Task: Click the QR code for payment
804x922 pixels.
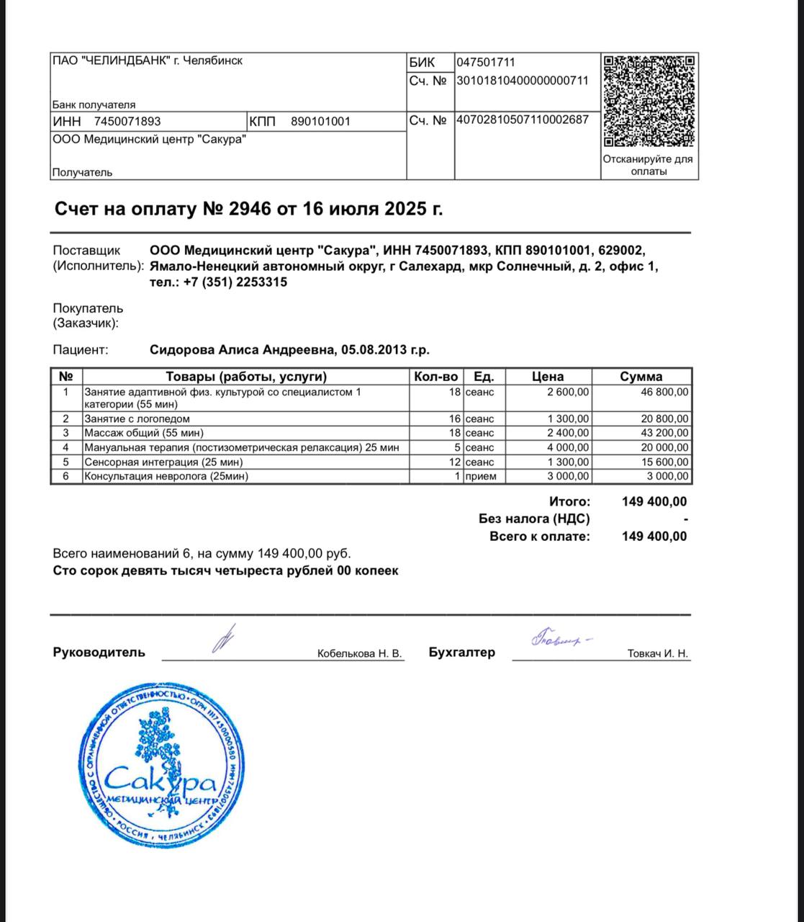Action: click(x=649, y=101)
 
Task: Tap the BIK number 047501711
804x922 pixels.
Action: click(x=486, y=63)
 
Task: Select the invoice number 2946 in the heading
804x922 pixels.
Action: click(x=249, y=210)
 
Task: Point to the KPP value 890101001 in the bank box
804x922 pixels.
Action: click(x=320, y=122)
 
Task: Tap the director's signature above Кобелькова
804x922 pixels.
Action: click(x=225, y=638)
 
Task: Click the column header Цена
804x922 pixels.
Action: click(x=548, y=376)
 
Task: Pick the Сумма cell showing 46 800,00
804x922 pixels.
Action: click(x=664, y=393)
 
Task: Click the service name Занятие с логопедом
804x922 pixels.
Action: click(x=137, y=419)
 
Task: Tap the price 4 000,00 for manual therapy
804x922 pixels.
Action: click(x=569, y=447)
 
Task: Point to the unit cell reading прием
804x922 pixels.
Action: click(x=480, y=476)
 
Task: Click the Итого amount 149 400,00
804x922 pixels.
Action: click(x=654, y=501)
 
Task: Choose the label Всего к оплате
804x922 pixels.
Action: click(x=539, y=537)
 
